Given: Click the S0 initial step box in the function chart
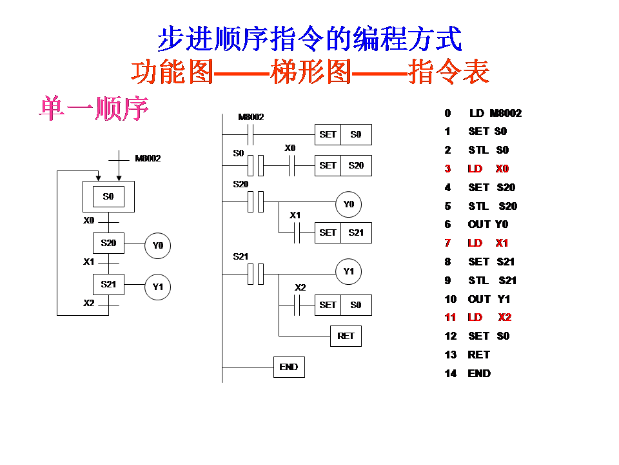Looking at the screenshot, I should [108, 196].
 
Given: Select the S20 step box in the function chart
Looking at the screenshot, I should [108, 243].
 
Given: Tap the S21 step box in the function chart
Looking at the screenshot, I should [108, 284].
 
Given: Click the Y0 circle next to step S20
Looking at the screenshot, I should [157, 245].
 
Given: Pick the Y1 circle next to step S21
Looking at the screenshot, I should [157, 287].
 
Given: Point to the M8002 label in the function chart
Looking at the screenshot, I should [148, 159].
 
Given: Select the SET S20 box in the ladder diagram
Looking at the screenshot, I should [343, 165].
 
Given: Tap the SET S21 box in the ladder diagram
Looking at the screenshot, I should [343, 232].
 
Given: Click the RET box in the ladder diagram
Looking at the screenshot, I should [346, 336].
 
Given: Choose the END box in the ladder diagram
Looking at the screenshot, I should [289, 367].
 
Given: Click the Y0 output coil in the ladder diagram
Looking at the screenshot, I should [348, 204].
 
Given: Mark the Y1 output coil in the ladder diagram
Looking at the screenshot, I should [348, 271].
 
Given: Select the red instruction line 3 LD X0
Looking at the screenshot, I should [477, 169].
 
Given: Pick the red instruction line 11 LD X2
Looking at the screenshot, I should [478, 317].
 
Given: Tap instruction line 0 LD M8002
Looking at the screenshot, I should [483, 113].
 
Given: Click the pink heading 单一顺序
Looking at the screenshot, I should [94, 108].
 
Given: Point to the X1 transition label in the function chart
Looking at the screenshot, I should [89, 262].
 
